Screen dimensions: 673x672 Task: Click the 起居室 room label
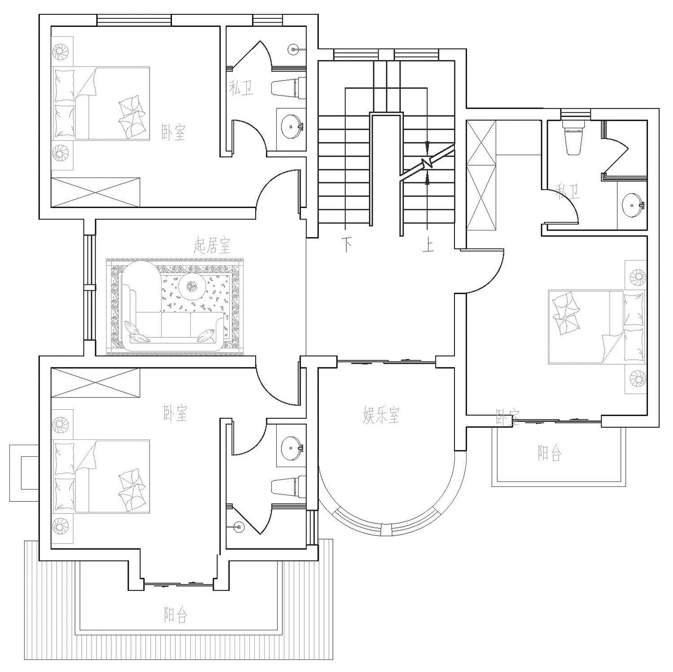pyautogui.click(x=212, y=246)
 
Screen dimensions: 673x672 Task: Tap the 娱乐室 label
pyautogui.click(x=381, y=415)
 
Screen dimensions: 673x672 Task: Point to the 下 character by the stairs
pyautogui.click(x=346, y=245)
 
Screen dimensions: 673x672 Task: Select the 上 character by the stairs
pyautogui.click(x=428, y=245)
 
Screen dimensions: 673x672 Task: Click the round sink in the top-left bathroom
pyautogui.click(x=292, y=126)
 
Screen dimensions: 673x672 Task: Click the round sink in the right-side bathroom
pyautogui.click(x=633, y=204)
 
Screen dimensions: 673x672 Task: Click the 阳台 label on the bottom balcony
pyautogui.click(x=175, y=615)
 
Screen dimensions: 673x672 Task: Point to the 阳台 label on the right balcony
pyautogui.click(x=550, y=453)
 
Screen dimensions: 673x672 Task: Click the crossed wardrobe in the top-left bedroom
pyautogui.click(x=96, y=192)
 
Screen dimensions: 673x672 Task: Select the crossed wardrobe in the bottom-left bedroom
pyautogui.click(x=96, y=383)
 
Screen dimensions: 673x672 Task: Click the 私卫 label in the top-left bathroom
pyautogui.click(x=241, y=88)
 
